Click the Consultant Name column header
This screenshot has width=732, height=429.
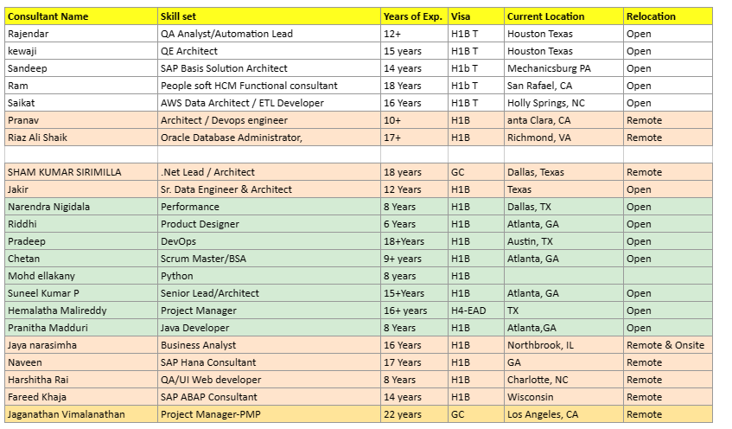(48, 16)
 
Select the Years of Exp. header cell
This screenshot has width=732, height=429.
(412, 16)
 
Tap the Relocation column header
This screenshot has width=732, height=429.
(651, 16)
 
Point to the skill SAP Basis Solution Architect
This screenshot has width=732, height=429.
(224, 68)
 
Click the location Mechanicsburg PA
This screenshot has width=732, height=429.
(549, 68)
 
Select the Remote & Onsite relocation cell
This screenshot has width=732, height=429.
(665, 345)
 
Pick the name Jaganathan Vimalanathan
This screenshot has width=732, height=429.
(66, 414)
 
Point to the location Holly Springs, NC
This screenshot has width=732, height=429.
(545, 103)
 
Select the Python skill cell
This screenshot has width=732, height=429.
(177, 276)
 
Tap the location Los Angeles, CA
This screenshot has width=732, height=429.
(543, 414)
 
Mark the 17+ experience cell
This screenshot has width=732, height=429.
(393, 138)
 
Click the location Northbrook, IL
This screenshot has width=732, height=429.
(540, 345)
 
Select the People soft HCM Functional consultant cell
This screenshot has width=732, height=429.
(249, 86)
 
